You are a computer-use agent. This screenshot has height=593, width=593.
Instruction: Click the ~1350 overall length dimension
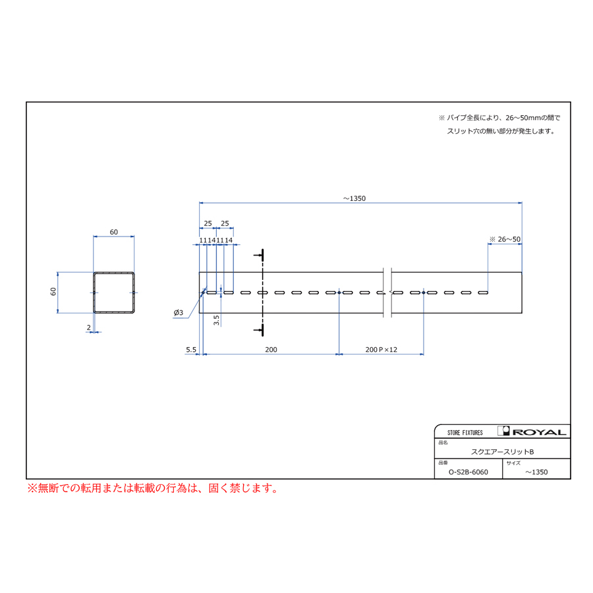(x=354, y=198)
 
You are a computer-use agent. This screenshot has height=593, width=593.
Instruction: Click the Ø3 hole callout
(x=179, y=313)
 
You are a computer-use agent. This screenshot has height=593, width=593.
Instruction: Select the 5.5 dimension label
(x=191, y=349)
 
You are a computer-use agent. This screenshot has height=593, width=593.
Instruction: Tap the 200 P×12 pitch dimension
(x=381, y=349)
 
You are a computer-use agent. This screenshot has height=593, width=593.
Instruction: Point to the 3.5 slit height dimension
(x=216, y=320)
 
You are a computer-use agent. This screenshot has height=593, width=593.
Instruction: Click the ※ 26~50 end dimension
(x=505, y=239)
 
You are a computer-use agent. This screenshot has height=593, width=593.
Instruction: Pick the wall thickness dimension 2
(x=89, y=327)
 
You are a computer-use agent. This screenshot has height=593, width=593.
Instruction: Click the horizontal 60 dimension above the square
(x=114, y=232)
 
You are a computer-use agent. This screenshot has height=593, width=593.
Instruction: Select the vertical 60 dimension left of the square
(x=53, y=292)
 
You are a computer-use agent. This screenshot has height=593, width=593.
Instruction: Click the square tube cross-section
(x=94, y=293)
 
